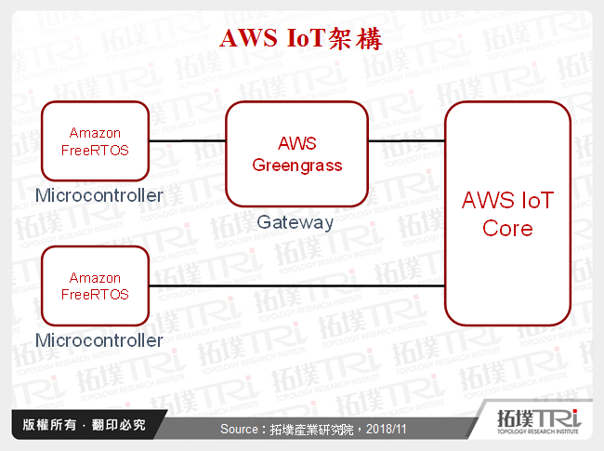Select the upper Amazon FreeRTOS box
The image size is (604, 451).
[95, 140]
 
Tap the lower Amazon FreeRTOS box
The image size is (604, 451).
[95, 285]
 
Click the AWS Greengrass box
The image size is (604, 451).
[297, 154]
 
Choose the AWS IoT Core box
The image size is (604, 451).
[507, 213]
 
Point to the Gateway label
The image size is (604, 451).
[295, 222]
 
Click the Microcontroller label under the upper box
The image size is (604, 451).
[98, 195]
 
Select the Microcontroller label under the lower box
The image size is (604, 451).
[98, 340]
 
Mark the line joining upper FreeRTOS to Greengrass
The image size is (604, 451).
[188, 141]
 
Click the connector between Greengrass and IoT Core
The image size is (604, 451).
[406, 141]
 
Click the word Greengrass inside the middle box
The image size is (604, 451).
[297, 166]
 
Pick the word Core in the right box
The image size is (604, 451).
[507, 228]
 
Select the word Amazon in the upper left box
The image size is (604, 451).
[95, 133]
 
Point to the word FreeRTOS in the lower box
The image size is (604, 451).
[95, 294]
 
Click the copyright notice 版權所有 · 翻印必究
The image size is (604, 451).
[84, 426]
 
